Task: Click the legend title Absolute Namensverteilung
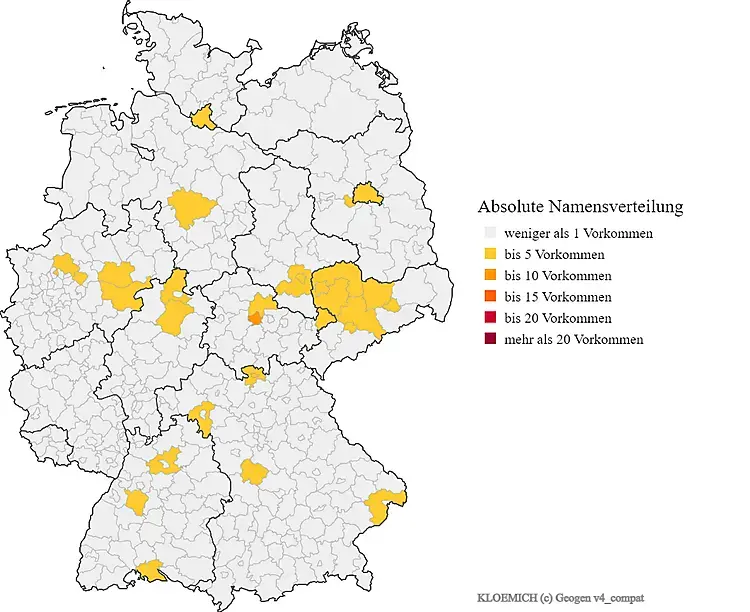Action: pos(580,207)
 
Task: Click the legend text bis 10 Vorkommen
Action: pos(558,276)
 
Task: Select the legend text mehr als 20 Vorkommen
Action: pos(574,339)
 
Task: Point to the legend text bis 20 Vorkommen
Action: pos(558,318)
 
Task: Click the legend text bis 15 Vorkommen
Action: pos(558,297)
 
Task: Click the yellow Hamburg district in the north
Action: pos(206,118)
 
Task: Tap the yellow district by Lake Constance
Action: pos(153,570)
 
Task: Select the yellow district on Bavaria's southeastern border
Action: pos(385,506)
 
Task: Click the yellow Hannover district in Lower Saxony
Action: pos(191,208)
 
